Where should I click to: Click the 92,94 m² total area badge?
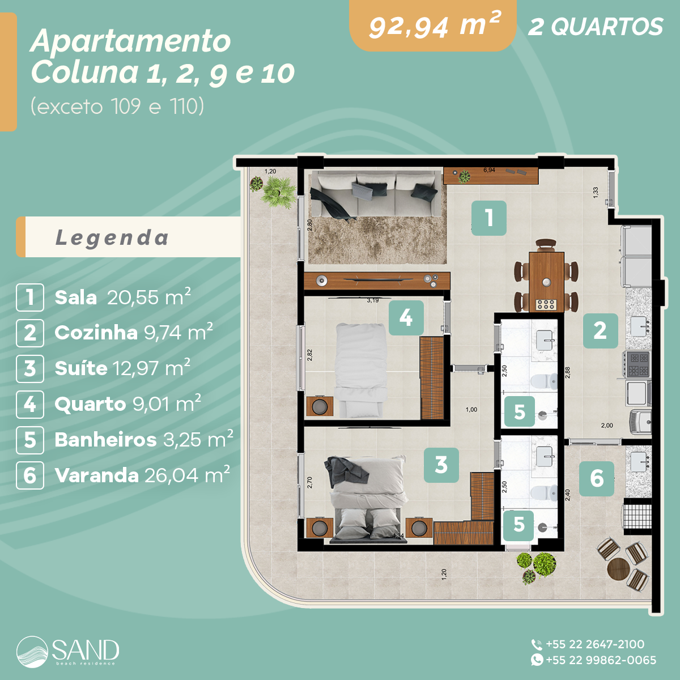pyautogui.click(x=433, y=26)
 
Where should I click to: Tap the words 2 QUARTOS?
pyautogui.click(x=595, y=27)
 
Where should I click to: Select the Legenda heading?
pyautogui.click(x=112, y=237)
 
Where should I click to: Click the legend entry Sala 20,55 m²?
pyautogui.click(x=122, y=297)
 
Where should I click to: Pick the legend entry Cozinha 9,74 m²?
pyautogui.click(x=133, y=333)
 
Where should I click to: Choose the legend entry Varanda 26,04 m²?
pyautogui.click(x=142, y=475)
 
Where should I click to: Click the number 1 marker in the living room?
pyautogui.click(x=488, y=218)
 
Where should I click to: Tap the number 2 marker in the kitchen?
pyautogui.click(x=600, y=330)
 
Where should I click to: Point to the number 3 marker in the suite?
pyautogui.click(x=441, y=465)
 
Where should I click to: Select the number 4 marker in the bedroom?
pyautogui.click(x=406, y=318)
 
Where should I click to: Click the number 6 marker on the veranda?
pyautogui.click(x=596, y=478)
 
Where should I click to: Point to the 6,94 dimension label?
pyautogui.click(x=489, y=170)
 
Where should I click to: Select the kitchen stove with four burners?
pyautogui.click(x=639, y=364)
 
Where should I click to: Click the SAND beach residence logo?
pyautogui.click(x=68, y=651)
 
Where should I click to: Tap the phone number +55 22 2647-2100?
pyautogui.click(x=594, y=644)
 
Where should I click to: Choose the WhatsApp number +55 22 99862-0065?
pyautogui.click(x=600, y=660)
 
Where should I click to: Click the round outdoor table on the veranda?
pyautogui.click(x=618, y=567)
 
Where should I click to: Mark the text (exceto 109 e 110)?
pyautogui.click(x=117, y=106)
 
